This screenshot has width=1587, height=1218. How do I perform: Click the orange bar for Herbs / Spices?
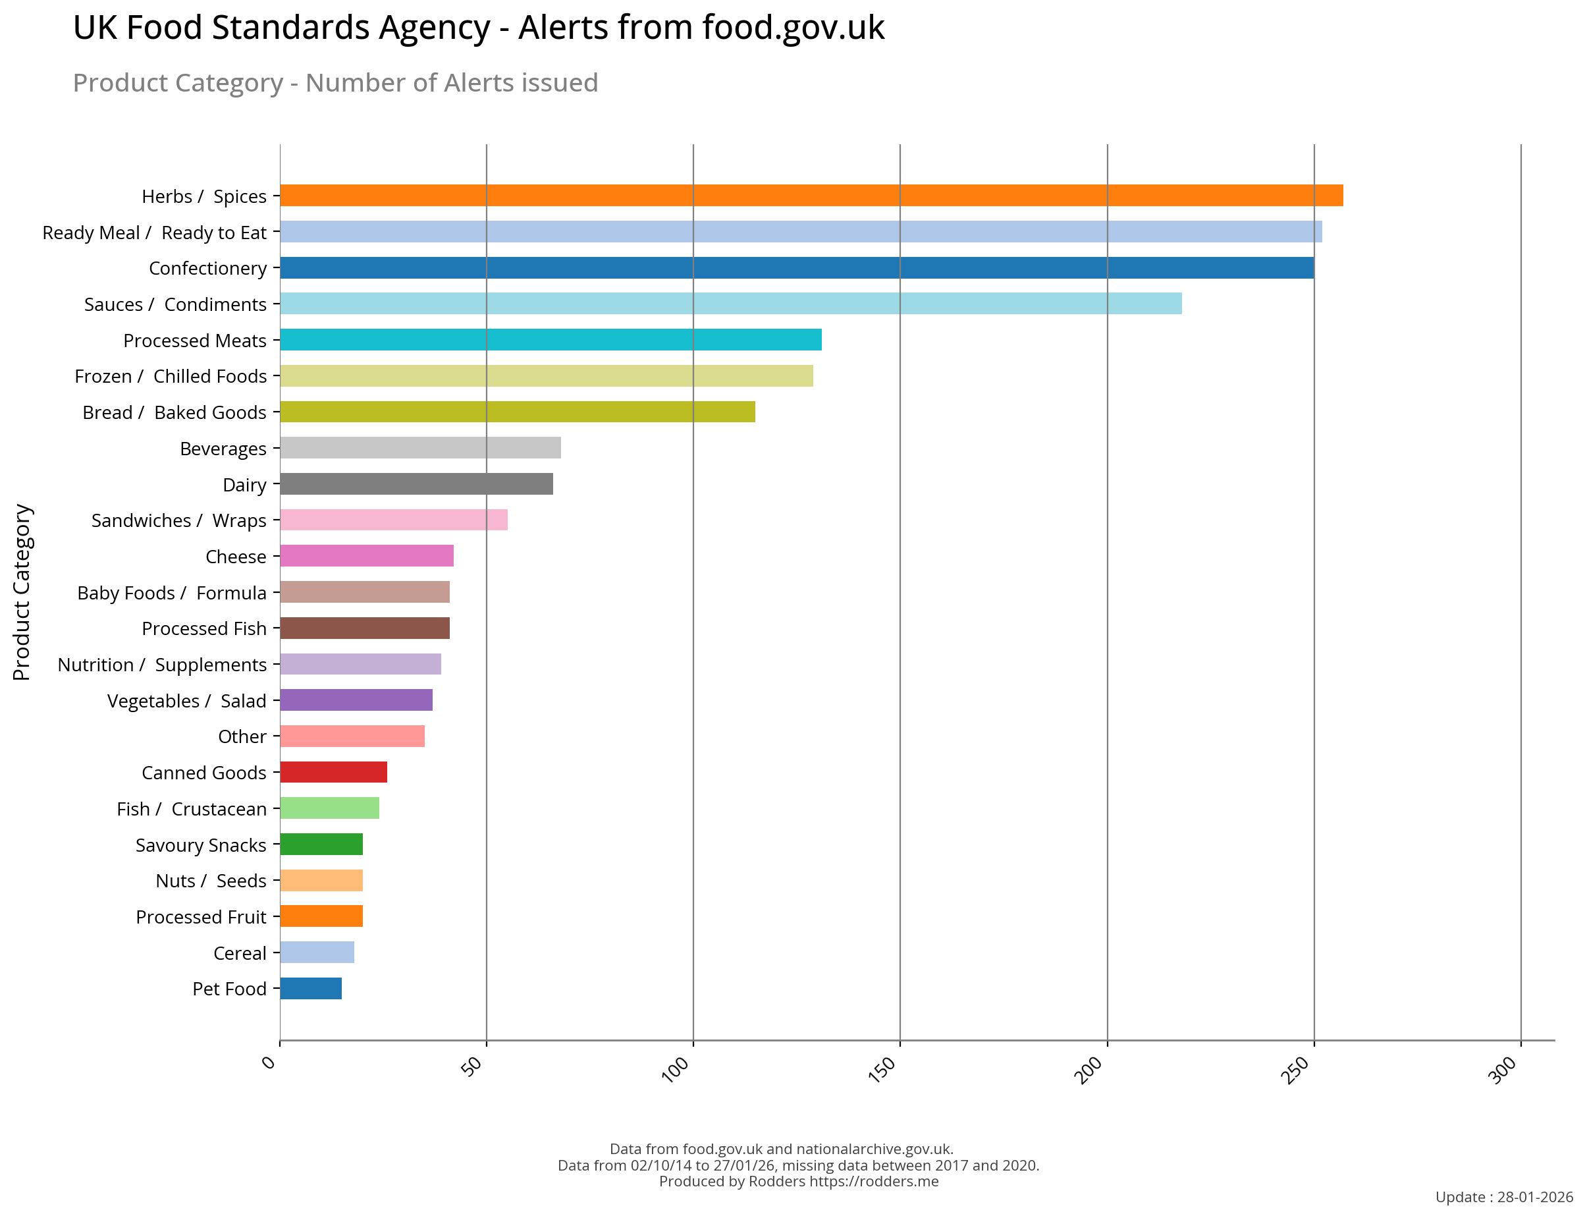(810, 196)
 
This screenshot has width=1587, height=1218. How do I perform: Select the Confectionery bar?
(795, 267)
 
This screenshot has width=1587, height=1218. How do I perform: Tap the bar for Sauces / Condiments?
(730, 304)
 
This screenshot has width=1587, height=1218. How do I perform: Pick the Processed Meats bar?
(550, 339)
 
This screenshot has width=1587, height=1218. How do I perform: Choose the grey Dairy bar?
(416, 484)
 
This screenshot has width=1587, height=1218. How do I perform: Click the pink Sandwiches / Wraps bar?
(394, 520)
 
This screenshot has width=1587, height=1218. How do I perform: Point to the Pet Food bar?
(310, 988)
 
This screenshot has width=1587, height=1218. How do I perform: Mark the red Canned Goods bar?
(333, 772)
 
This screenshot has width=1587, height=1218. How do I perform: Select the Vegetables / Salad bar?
(356, 700)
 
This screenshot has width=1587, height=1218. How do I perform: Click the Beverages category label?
(223, 449)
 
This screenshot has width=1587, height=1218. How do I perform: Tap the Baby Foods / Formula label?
(172, 593)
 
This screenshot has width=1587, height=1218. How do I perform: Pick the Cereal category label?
(239, 953)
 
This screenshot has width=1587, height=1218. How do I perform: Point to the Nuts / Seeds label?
(211, 881)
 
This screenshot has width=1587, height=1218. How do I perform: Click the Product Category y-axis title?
(22, 592)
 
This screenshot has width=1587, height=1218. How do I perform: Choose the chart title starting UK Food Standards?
(478, 28)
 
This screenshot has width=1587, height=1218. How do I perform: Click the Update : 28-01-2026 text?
(1503, 1197)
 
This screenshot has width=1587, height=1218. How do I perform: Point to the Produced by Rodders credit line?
(798, 1181)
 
